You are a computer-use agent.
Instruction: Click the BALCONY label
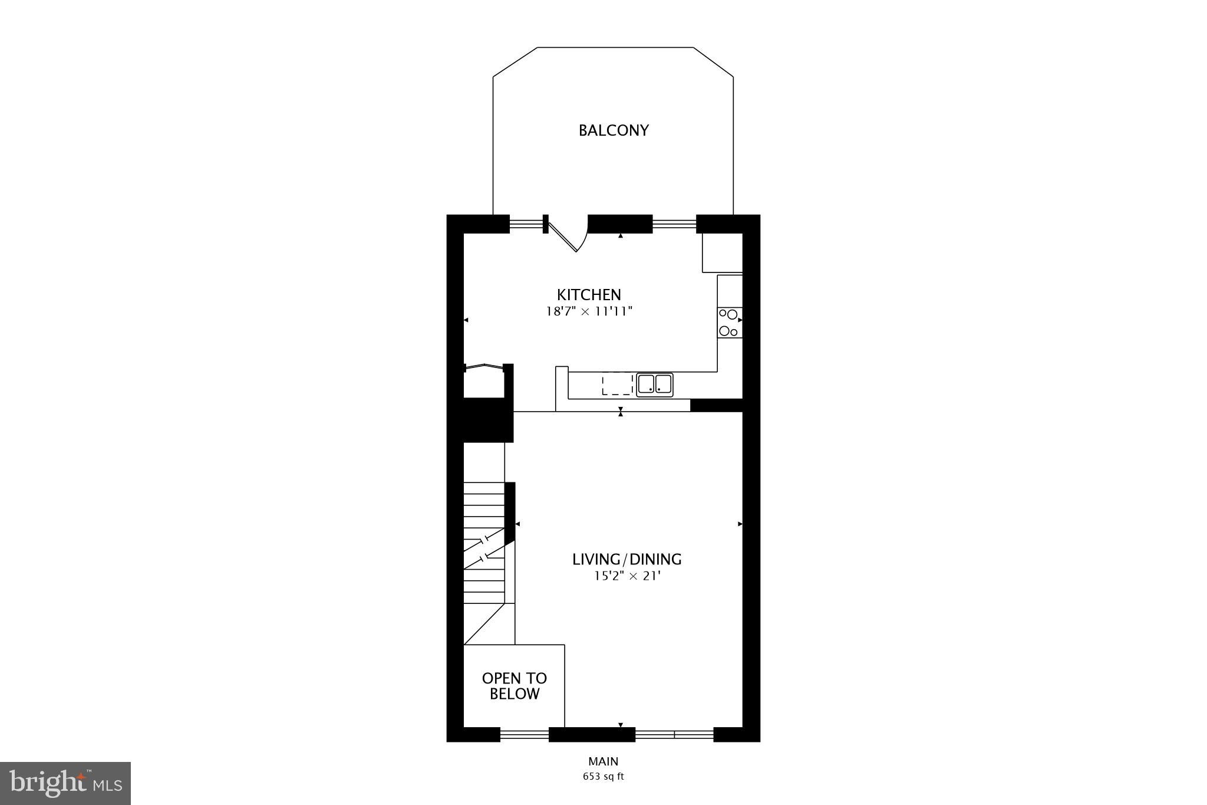tap(614, 130)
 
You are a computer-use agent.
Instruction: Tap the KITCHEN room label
tap(589, 294)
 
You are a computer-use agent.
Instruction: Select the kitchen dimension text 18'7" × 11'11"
tap(589, 311)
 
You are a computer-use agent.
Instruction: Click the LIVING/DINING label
tap(626, 559)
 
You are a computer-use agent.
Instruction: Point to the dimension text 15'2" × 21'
tap(626, 576)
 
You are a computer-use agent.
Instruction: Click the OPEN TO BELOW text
tap(514, 686)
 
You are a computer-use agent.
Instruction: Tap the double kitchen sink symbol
tap(654, 385)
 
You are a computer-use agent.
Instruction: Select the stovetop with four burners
tap(729, 323)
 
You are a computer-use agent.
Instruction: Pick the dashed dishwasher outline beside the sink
tap(617, 385)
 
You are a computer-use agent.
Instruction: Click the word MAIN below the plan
tap(603, 761)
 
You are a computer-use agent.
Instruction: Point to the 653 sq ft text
tap(603, 777)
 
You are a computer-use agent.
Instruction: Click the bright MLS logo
tap(65, 783)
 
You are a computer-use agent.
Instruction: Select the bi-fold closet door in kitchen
tap(484, 367)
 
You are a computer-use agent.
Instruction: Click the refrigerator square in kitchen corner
tap(722, 252)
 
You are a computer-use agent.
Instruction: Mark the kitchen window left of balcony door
tap(526, 224)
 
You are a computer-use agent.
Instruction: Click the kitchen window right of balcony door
tap(674, 224)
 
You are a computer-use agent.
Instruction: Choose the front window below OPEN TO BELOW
tap(524, 734)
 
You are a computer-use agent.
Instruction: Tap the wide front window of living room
tap(674, 734)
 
